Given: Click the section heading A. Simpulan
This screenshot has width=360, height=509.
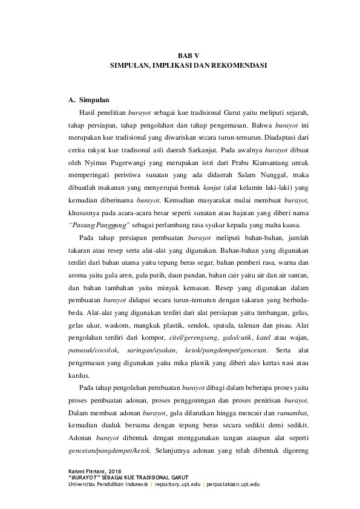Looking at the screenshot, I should coord(89,100).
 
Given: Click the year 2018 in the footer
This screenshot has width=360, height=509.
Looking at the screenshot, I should coord(113,471).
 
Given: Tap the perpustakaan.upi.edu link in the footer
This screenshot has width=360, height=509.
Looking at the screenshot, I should coord(233,484).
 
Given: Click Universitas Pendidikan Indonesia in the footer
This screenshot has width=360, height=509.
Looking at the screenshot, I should coord(108,484).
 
